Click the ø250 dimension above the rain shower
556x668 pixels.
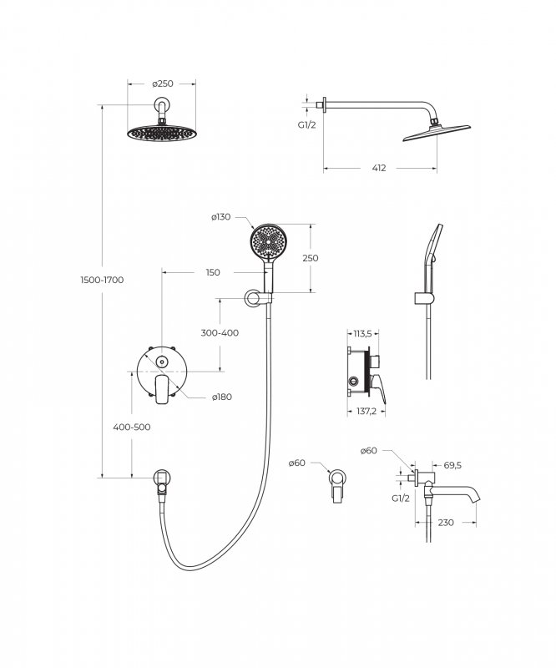tap(163, 84)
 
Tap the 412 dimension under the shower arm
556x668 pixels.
tap(379, 169)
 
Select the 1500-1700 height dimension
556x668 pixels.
tap(102, 280)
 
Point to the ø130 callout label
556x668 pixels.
tap(220, 217)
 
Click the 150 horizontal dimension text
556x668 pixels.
tap(213, 273)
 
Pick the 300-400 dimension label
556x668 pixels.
tap(220, 332)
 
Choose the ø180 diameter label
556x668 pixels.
tap(222, 397)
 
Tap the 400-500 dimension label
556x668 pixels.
tap(132, 427)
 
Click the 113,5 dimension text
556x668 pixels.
tap(362, 333)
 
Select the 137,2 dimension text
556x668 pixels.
tap(366, 412)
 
